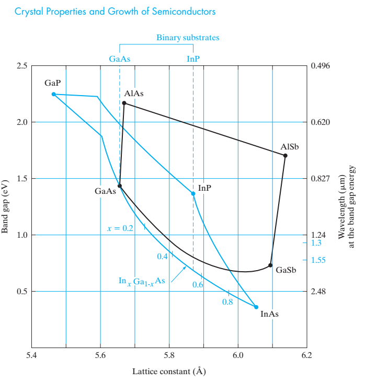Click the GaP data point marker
pyautogui.click(x=53, y=94)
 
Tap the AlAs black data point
pyautogui.click(x=124, y=103)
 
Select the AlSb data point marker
pyautogui.click(x=285, y=156)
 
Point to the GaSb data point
pyautogui.click(x=270, y=265)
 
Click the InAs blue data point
pyautogui.click(x=256, y=307)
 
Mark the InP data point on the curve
pyautogui.click(x=193, y=193)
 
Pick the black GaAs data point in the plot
pyautogui.click(x=120, y=186)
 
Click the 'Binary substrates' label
pyautogui.click(x=188, y=38)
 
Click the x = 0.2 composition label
pyautogui.click(x=120, y=228)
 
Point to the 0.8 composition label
pyautogui.click(x=227, y=302)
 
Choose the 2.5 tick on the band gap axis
pyautogui.click(x=21, y=66)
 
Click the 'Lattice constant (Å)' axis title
pyautogui.click(x=168, y=372)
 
